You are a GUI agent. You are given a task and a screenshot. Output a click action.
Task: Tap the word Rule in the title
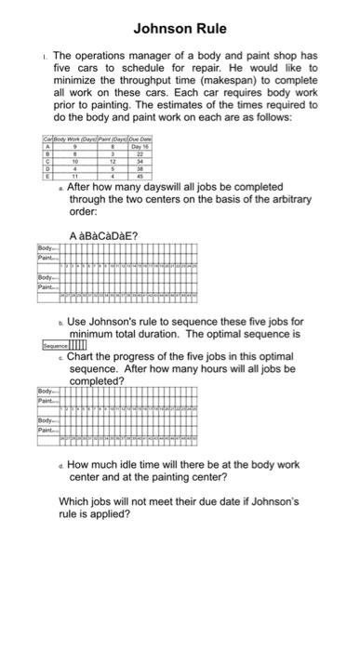209,29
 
